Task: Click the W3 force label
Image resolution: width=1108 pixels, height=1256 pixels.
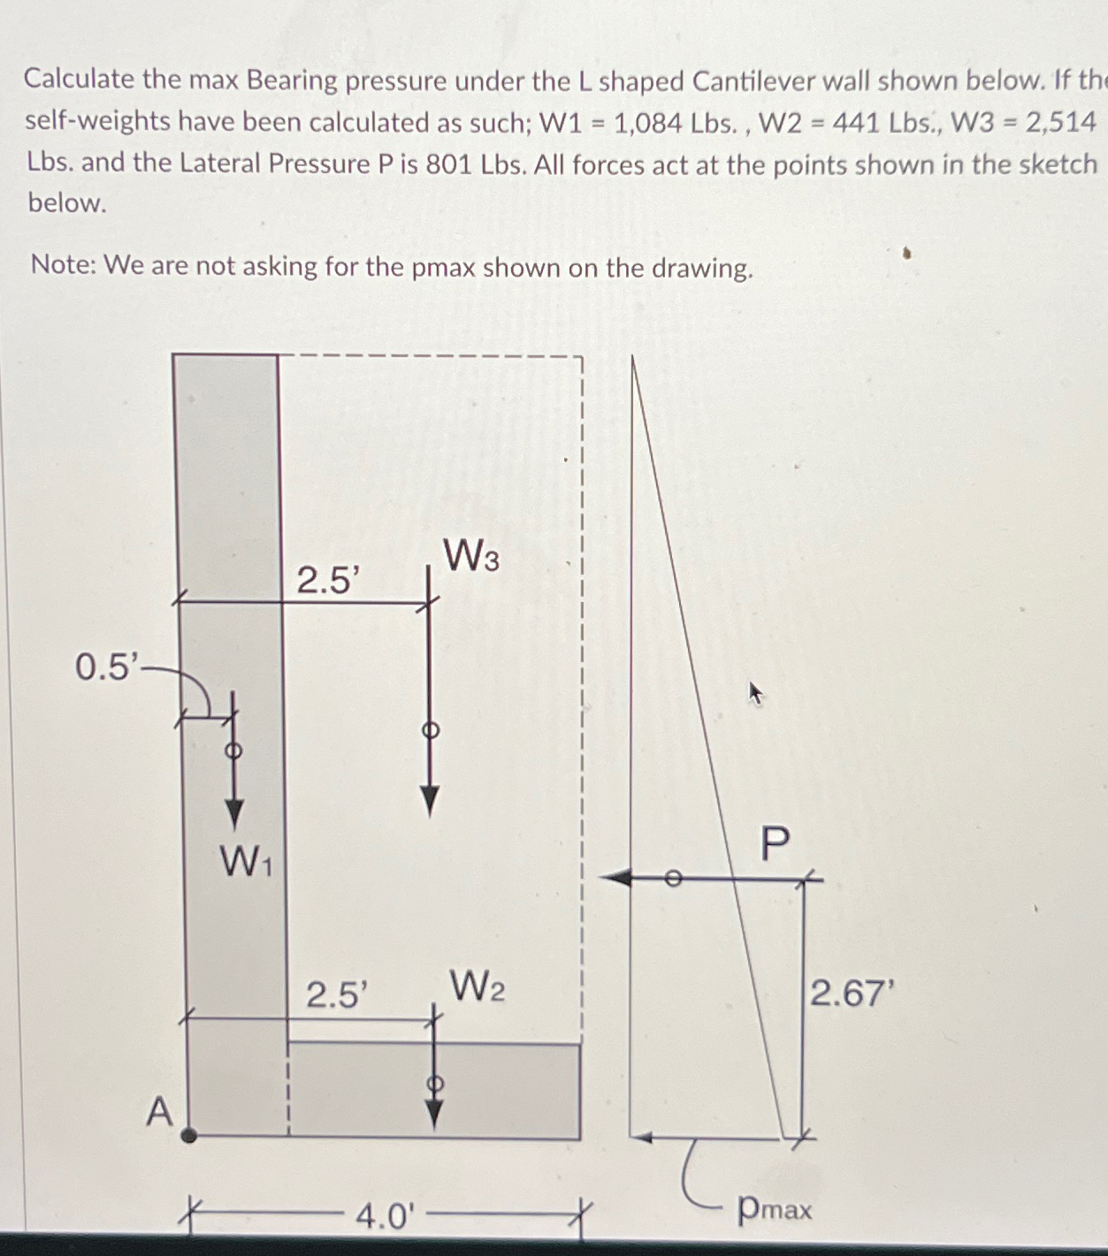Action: pos(470,558)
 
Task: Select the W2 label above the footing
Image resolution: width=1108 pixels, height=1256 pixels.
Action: pos(478,986)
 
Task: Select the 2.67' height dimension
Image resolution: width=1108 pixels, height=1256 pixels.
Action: pos(847,994)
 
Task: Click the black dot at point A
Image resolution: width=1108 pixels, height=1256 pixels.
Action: pos(188,1135)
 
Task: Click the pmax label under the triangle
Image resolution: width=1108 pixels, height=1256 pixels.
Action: pos(774,1207)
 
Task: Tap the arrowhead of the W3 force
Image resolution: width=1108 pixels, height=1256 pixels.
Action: pos(430,801)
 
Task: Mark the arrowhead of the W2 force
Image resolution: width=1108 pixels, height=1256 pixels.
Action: pos(433,1115)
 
